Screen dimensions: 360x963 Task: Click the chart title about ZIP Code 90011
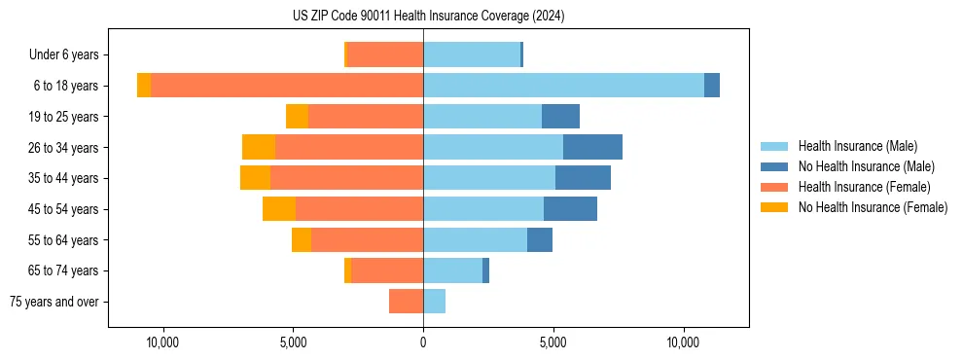(x=428, y=17)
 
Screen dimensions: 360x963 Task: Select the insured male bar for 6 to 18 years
(x=563, y=86)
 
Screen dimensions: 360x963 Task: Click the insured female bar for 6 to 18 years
(x=287, y=86)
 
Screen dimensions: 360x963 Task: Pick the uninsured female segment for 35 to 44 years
(x=255, y=178)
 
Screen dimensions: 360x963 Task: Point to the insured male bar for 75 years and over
(x=434, y=302)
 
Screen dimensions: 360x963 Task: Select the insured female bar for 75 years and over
(x=406, y=302)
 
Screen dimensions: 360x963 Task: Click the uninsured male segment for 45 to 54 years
(x=570, y=209)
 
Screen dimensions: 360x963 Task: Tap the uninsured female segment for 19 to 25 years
(x=297, y=117)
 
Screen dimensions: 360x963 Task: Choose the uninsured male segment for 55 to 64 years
(x=540, y=239)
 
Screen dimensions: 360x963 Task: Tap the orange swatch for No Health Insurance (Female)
(x=775, y=207)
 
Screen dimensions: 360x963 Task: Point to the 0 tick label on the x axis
(x=423, y=342)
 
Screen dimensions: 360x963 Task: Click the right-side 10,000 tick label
(x=683, y=342)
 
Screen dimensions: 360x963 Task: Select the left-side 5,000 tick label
(x=293, y=342)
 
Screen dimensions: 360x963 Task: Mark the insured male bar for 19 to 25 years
(x=482, y=117)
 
